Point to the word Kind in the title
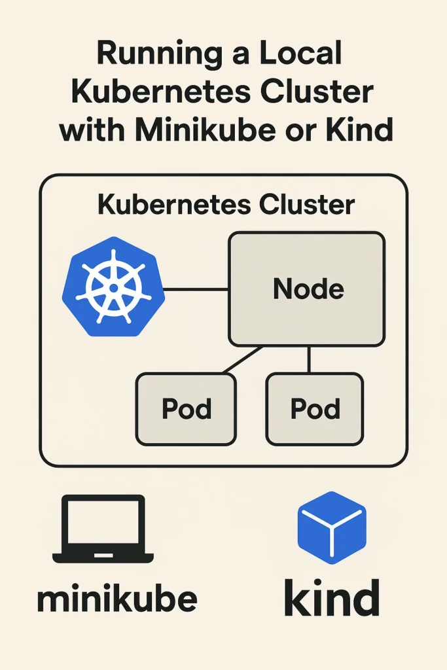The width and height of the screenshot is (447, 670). (356, 130)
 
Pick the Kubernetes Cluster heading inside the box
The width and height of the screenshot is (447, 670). (226, 205)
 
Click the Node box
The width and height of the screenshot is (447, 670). (307, 289)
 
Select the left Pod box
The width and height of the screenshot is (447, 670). (186, 409)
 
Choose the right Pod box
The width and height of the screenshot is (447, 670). (315, 409)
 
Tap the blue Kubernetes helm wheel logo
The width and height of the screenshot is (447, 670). (113, 287)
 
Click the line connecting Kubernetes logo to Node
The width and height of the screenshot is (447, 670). (196, 289)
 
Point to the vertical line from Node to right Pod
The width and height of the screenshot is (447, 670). (309, 359)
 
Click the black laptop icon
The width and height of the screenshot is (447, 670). (103, 529)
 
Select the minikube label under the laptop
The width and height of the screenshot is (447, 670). (117, 599)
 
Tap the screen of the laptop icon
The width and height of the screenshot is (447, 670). (103, 523)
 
